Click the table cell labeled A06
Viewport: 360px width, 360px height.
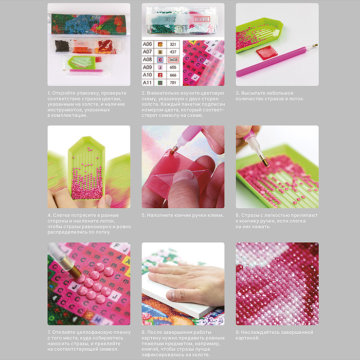click(148, 44)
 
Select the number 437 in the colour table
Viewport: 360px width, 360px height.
click(173, 52)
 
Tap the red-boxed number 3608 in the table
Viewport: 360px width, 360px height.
click(173, 60)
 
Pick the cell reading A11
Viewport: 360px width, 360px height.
click(148, 82)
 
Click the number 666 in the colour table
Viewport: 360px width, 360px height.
click(173, 75)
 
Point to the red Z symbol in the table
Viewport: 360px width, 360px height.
click(160, 75)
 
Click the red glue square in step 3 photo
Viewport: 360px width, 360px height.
click(267, 52)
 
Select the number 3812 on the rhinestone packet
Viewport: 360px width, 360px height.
click(170, 20)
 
